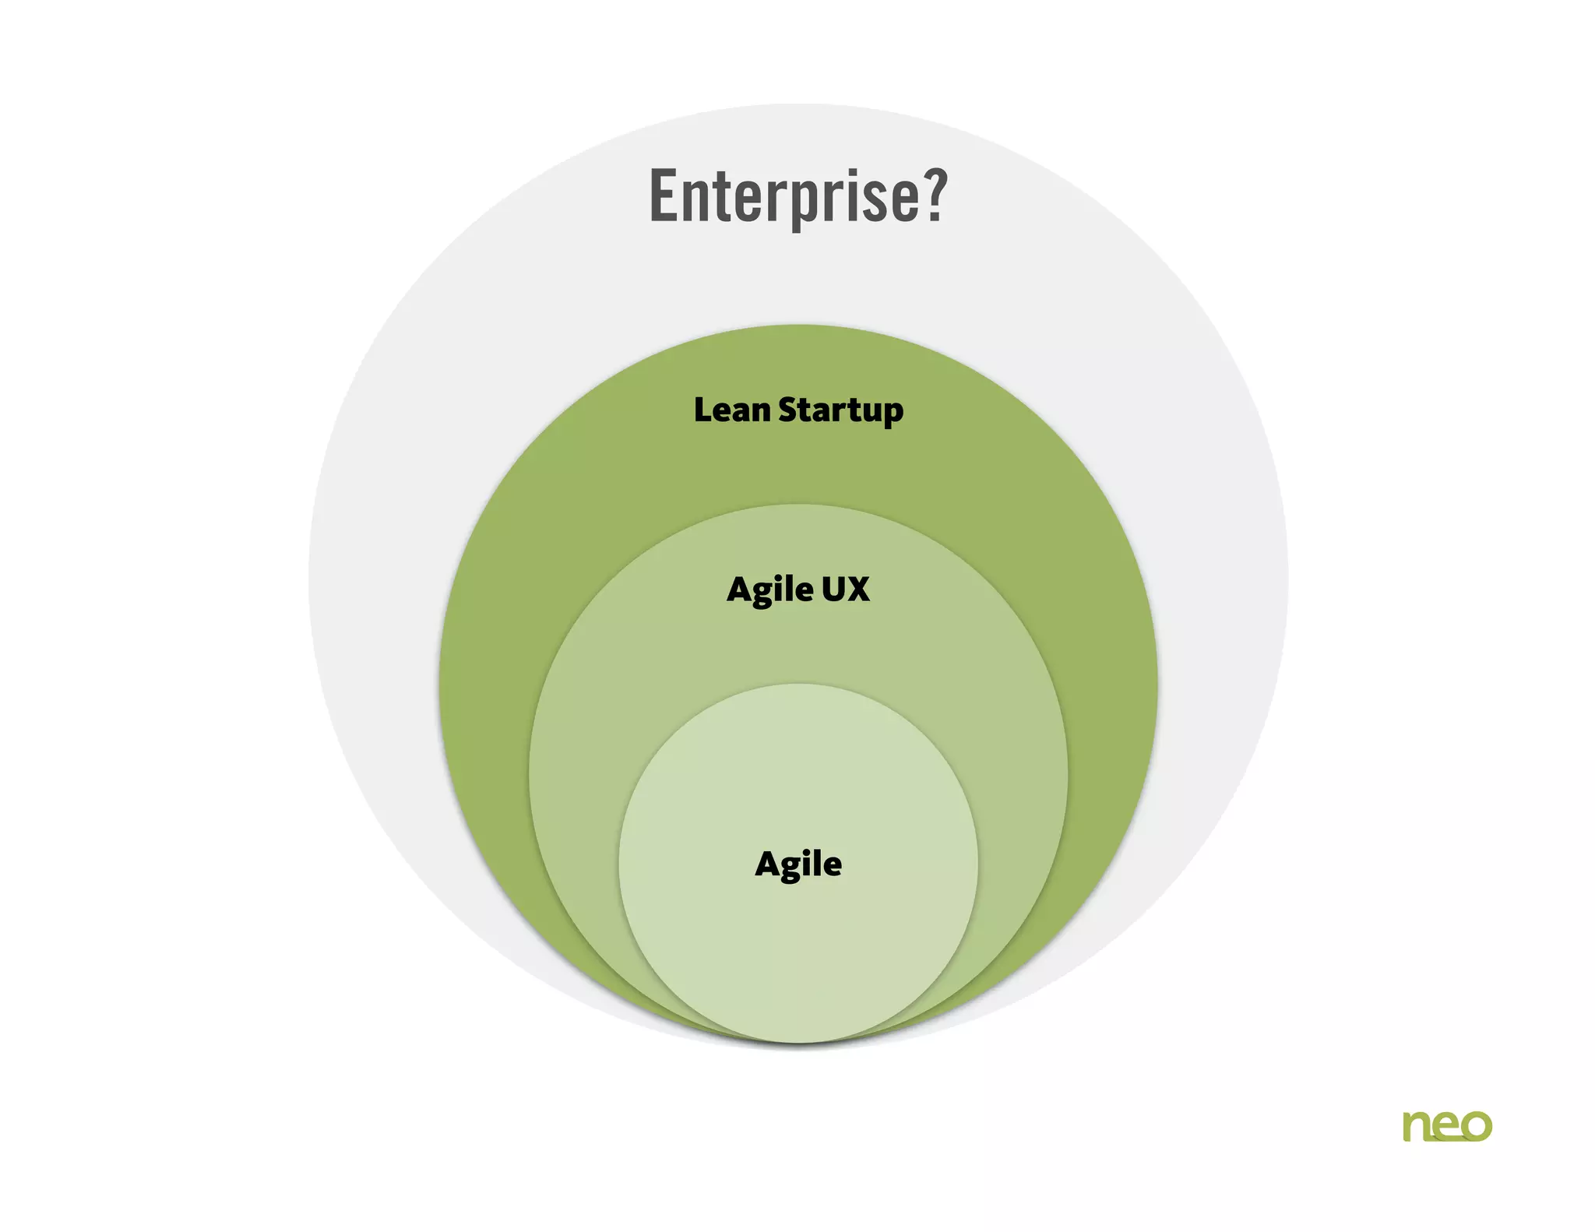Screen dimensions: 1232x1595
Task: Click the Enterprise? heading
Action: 797,196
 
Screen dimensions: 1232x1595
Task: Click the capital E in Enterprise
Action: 664,196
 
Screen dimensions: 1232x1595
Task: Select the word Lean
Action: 731,410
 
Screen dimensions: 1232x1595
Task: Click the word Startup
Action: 840,411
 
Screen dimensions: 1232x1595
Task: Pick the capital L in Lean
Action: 703,410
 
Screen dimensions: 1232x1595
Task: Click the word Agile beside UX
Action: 769,590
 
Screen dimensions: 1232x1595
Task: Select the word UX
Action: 845,590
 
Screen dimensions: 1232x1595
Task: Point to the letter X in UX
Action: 857,590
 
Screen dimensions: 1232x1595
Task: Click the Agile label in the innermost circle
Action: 798,864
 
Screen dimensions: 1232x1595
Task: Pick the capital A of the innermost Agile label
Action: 768,864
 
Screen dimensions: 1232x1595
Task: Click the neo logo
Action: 1447,1126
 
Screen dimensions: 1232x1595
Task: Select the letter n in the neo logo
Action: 1417,1127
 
